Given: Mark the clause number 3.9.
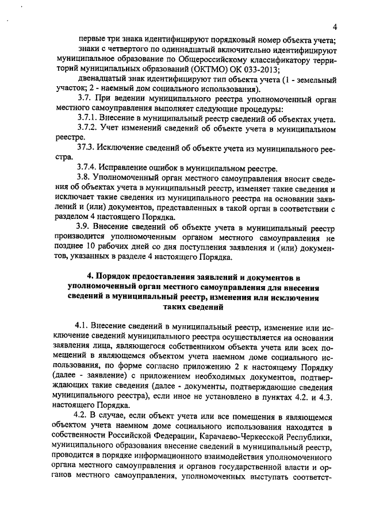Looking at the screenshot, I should (x=83, y=228).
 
